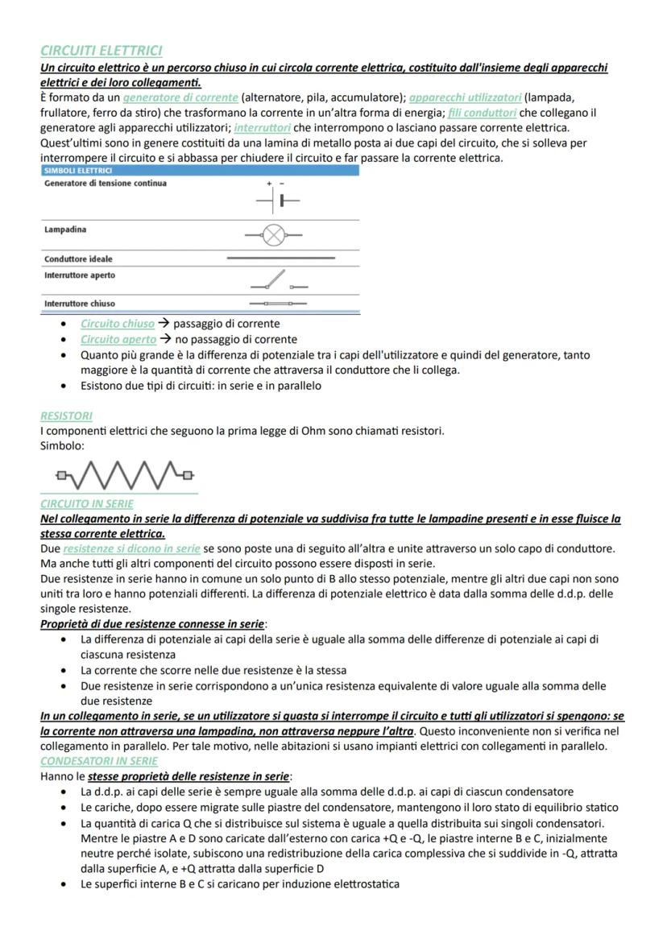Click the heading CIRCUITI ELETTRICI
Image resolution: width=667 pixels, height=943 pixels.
[101, 51]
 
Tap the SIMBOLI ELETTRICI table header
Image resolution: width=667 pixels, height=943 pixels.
[78, 171]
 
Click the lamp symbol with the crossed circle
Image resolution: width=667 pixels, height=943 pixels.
[275, 235]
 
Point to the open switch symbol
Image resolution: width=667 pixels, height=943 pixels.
[276, 281]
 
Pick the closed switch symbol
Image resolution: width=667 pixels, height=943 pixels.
[278, 304]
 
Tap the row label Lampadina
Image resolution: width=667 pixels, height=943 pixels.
[64, 230]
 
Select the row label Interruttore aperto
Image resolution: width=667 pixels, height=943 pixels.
[79, 275]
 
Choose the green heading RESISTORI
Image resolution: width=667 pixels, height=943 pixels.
[66, 416]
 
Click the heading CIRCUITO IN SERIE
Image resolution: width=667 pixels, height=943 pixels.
[87, 503]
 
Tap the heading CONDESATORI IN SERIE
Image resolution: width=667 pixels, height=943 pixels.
[99, 760]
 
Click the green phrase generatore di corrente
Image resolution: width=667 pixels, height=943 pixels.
[180, 97]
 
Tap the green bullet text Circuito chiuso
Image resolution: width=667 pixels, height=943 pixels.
[118, 324]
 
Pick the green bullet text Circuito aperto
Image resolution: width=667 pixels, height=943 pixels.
[118, 339]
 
